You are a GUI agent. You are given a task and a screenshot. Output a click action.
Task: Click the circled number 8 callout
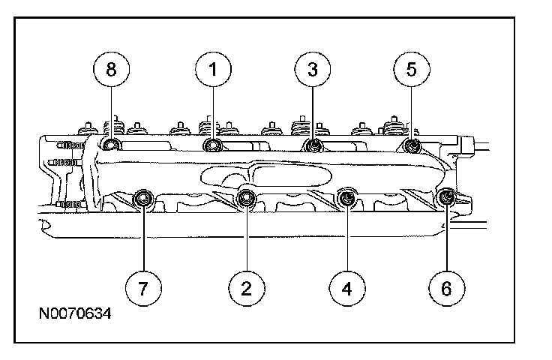(x=111, y=70)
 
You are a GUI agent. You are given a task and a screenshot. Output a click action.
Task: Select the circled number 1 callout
(x=213, y=70)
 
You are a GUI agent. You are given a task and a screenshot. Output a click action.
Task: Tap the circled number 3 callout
(x=313, y=70)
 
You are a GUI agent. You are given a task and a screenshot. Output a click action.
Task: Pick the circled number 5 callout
(x=411, y=70)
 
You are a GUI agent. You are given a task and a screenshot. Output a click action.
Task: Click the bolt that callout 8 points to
(x=111, y=144)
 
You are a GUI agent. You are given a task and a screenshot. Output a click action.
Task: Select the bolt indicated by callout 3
(x=313, y=144)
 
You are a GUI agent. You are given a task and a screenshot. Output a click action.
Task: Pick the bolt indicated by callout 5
(x=411, y=144)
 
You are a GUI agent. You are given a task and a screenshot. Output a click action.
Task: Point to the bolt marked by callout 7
(x=143, y=199)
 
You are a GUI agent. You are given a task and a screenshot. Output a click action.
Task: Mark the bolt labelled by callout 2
(x=245, y=199)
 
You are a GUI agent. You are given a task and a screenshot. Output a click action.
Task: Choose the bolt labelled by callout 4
(x=346, y=197)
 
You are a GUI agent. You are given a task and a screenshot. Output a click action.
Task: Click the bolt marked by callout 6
(x=446, y=197)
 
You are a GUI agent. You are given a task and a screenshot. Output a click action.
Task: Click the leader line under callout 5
(x=411, y=112)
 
